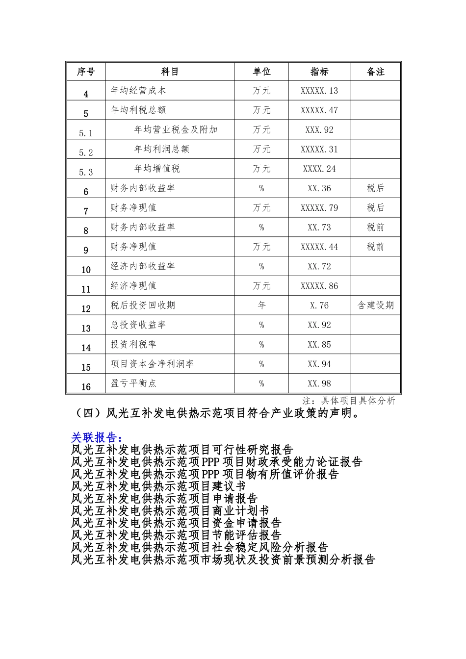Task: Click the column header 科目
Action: tap(170, 72)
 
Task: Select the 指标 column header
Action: tap(319, 72)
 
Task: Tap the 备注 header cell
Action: tap(375, 72)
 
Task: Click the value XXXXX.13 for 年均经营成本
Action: tap(319, 91)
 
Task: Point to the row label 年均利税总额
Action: tap(138, 110)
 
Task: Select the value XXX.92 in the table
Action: tap(319, 130)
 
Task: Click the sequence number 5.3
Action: tap(86, 172)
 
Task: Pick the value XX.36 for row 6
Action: tap(319, 188)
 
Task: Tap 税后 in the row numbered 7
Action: tap(375, 208)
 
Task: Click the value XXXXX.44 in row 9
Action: tap(319, 247)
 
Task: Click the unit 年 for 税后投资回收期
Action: tap(261, 305)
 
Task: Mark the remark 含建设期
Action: tap(375, 305)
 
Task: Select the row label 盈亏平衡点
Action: tap(133, 383)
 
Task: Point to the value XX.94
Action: tap(319, 364)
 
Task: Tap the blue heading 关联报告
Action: tap(96, 437)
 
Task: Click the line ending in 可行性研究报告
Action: tap(182, 449)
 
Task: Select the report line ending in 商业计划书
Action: tap(170, 510)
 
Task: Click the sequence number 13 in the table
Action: tap(86, 329)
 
